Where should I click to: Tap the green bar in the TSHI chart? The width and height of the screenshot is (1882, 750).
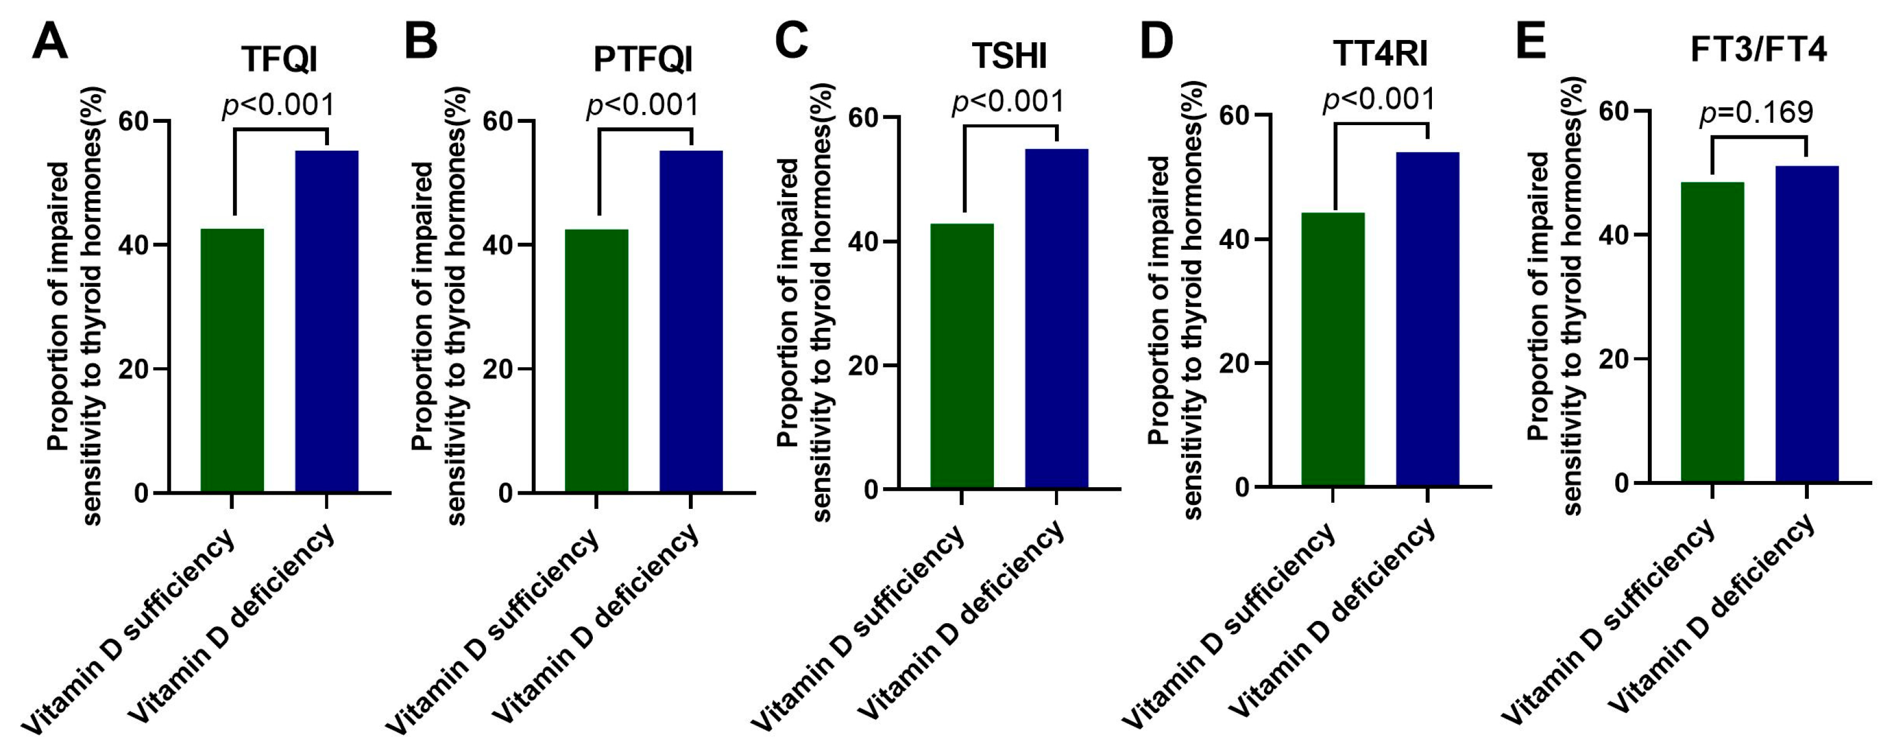tap(961, 355)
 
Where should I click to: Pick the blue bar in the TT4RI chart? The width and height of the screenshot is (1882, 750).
tap(1427, 319)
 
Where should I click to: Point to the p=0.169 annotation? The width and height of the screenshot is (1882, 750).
tap(1756, 112)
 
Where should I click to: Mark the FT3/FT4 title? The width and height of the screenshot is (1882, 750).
tap(1758, 50)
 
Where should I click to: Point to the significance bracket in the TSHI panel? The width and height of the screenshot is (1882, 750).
tap(1010, 127)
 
